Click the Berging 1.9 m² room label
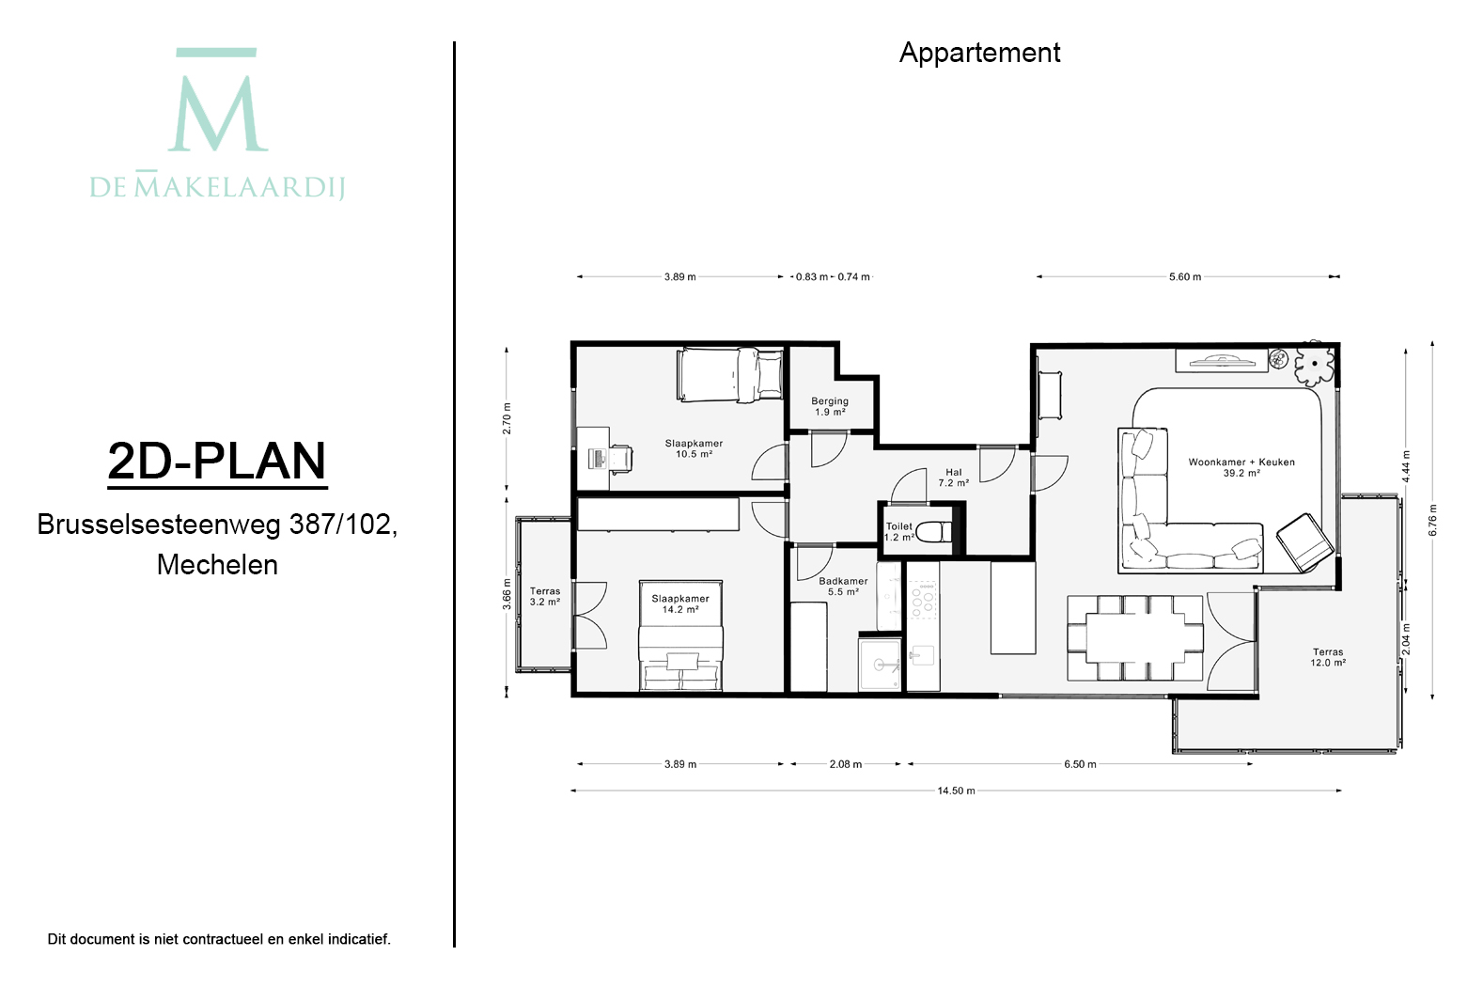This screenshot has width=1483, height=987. click(830, 406)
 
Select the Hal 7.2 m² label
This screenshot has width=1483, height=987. click(953, 478)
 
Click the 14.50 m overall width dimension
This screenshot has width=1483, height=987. click(956, 791)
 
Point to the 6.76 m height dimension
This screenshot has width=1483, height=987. click(1432, 521)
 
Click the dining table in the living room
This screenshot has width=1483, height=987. click(1134, 638)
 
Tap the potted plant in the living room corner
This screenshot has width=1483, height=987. click(1314, 364)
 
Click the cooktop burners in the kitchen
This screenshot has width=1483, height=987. click(922, 600)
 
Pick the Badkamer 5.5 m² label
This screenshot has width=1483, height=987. click(843, 587)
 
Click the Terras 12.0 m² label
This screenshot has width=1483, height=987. click(1328, 657)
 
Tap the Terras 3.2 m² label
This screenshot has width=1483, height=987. click(545, 597)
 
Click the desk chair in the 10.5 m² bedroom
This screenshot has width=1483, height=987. click(620, 459)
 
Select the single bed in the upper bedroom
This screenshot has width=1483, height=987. click(729, 375)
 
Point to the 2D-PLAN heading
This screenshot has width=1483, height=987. click(217, 462)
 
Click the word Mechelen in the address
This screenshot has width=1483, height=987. click(217, 565)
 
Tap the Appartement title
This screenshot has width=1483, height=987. click(980, 53)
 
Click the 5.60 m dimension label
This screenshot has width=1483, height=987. click(1185, 277)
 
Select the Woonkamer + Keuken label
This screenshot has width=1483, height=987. click(1241, 468)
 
